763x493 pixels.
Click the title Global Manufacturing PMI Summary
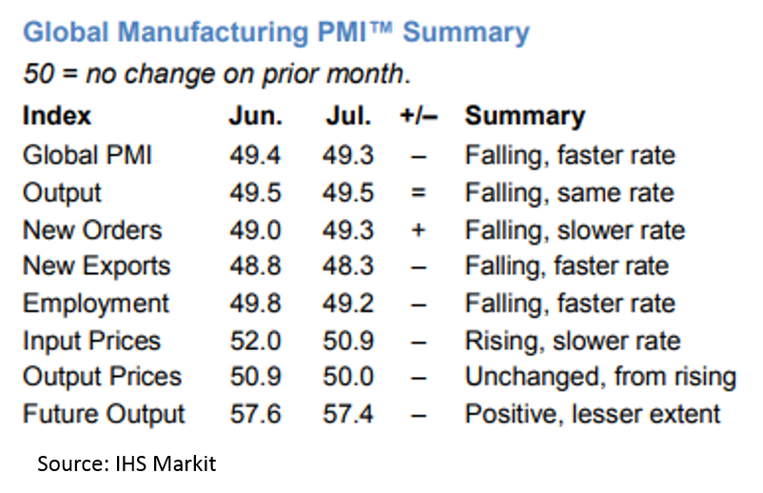[275, 32]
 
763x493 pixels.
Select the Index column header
[57, 116]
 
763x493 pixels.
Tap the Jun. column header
[255, 116]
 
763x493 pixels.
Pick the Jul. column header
[347, 116]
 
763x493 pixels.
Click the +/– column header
[419, 116]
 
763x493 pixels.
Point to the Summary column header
[524, 116]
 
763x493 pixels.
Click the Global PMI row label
[88, 155]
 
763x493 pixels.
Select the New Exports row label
[96, 266]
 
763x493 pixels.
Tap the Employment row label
[96, 304]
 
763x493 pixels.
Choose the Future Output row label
[104, 415]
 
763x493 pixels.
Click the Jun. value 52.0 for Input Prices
[255, 341]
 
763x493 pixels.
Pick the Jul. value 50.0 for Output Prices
[347, 378]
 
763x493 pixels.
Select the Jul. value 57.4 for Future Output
[347, 415]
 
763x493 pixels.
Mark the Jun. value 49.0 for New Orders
[255, 230]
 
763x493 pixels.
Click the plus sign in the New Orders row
[419, 230]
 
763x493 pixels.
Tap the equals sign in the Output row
[419, 193]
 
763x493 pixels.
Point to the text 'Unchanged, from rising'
[600, 378]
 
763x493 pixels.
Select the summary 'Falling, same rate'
[569, 193]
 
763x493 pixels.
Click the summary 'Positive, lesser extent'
[593, 415]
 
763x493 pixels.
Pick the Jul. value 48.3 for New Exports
[347, 266]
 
